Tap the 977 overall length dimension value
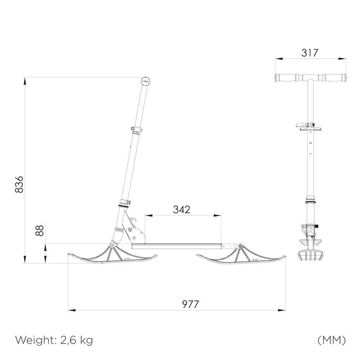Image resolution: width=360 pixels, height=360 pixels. pyautogui.click(x=190, y=304)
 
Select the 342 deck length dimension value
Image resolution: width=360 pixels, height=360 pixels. pyautogui.click(x=181, y=210)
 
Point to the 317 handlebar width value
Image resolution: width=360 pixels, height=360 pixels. pyautogui.click(x=310, y=53)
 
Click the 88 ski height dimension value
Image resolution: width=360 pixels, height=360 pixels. pyautogui.click(x=40, y=230)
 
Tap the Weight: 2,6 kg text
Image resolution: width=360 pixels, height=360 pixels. pyautogui.click(x=54, y=340)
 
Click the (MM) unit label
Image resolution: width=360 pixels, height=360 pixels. pyautogui.click(x=332, y=340)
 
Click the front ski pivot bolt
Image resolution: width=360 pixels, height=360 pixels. pyautogui.click(x=112, y=245)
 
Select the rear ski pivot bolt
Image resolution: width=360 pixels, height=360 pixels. pyautogui.click(x=240, y=246)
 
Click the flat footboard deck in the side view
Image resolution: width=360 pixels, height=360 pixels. pyautogui.click(x=176, y=246)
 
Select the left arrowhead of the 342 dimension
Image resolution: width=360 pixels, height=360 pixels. pyautogui.click(x=147, y=216)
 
